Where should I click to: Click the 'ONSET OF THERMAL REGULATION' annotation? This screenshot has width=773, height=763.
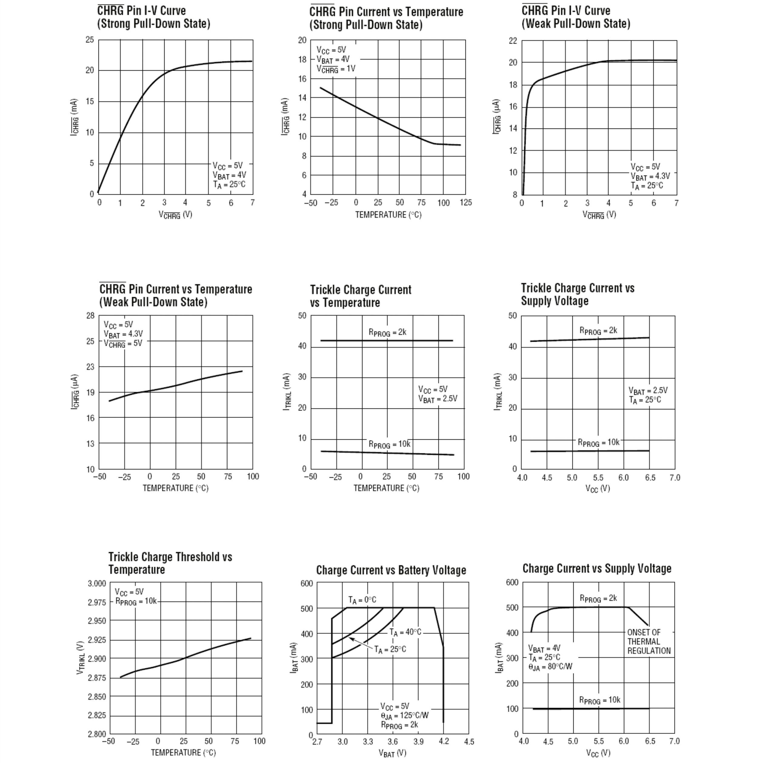(x=648, y=641)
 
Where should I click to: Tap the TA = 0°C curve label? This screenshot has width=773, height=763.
(x=362, y=600)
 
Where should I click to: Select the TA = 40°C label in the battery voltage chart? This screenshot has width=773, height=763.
(x=405, y=632)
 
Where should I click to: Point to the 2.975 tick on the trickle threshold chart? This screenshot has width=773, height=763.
(x=97, y=602)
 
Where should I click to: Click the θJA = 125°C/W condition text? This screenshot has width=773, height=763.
(x=405, y=715)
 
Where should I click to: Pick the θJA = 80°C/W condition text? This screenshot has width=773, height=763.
(x=550, y=667)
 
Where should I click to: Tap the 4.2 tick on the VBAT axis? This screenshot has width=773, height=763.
(x=444, y=741)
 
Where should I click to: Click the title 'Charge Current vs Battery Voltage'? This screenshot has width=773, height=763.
(x=391, y=570)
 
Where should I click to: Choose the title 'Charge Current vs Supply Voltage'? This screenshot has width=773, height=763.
(x=597, y=568)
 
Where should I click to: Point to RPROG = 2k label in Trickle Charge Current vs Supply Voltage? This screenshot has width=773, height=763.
(x=598, y=331)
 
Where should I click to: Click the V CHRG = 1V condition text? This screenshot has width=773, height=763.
(x=336, y=69)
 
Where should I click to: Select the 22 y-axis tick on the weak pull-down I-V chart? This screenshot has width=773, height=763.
(x=512, y=41)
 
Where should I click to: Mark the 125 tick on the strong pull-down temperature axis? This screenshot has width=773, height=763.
(x=465, y=203)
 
